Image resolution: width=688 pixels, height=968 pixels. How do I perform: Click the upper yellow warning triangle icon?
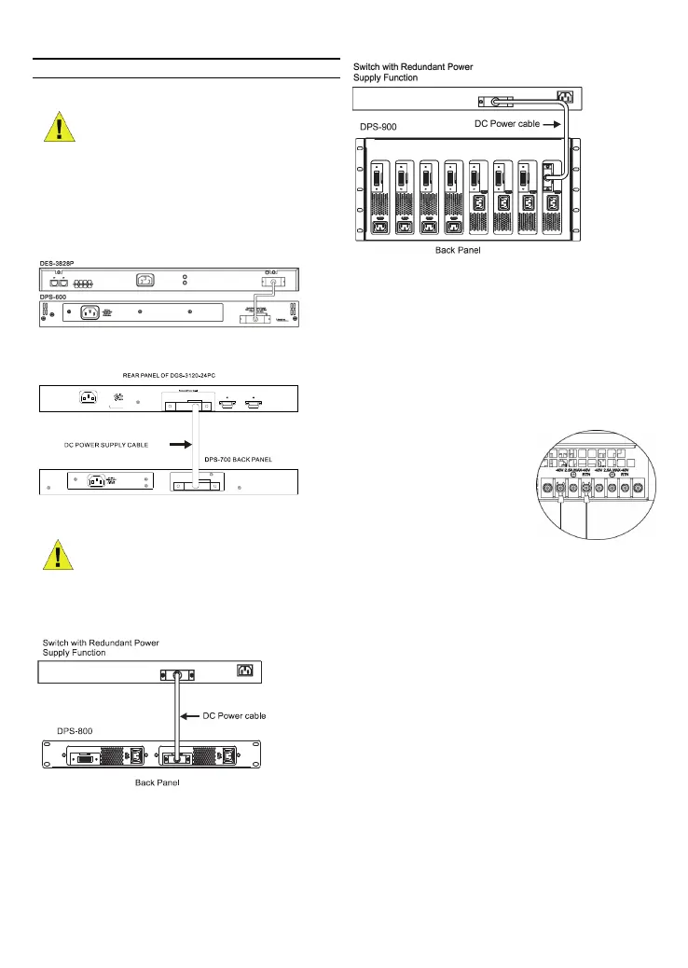point(60,125)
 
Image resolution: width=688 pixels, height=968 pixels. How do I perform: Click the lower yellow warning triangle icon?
point(60,558)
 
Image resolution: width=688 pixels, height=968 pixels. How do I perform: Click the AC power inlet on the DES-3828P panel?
point(145,279)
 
